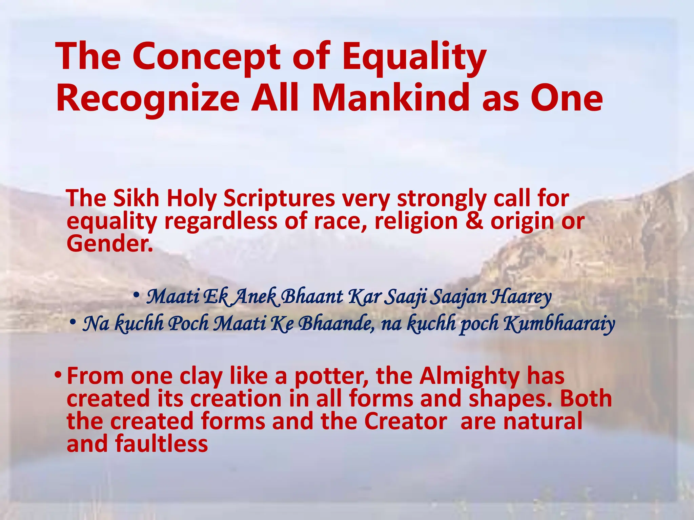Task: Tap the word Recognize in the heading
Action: click(x=147, y=99)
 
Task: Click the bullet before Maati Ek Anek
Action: click(x=136, y=295)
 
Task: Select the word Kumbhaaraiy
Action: click(x=559, y=324)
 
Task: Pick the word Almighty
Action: click(x=469, y=376)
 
